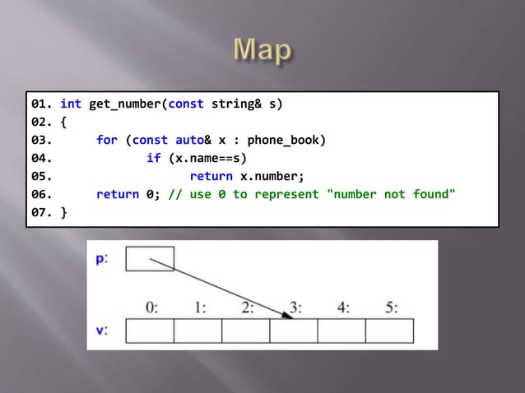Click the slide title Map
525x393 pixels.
(262, 52)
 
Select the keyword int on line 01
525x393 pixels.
(71, 105)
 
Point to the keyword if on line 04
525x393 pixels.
(153, 158)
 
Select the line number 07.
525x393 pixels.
(43, 212)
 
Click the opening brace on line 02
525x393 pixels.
(63, 123)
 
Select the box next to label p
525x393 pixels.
(150, 258)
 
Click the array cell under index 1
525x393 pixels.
(197, 331)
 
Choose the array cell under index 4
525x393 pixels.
(341, 331)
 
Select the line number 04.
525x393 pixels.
(43, 158)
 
